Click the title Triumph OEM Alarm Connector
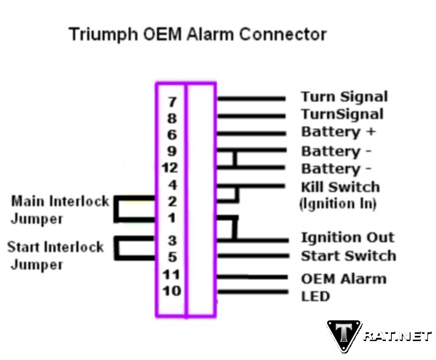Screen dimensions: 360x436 tap(197, 34)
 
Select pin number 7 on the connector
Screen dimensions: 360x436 tap(171, 102)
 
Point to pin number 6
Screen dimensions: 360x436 tap(171, 135)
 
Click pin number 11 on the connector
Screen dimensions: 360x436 tap(171, 275)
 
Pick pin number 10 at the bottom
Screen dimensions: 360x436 tap(171, 292)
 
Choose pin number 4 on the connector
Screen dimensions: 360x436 tap(172, 185)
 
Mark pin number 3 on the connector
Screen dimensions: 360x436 tap(172, 240)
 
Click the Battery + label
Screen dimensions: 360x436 tap(340, 132)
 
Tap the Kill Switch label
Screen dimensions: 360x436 tap(340, 187)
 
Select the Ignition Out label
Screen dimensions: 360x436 tap(347, 238)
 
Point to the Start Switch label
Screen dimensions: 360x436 tap(348, 255)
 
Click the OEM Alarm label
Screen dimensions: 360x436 tap(343, 279)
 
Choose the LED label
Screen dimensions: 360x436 tap(315, 296)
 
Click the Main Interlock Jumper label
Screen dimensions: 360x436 tap(60, 209)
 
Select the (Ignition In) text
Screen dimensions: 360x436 tap(337, 204)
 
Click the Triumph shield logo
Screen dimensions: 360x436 tap(343, 336)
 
